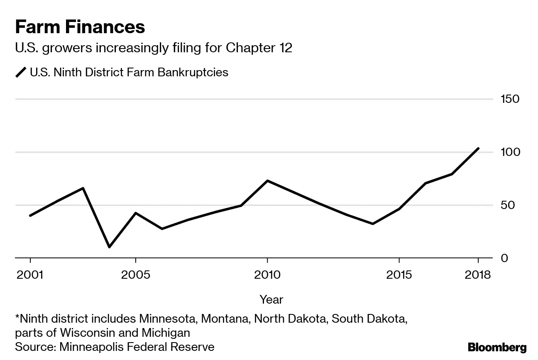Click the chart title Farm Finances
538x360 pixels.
(80, 27)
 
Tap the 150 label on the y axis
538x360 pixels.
(510, 99)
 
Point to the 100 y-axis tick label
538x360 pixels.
(510, 152)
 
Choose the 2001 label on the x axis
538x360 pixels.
(30, 275)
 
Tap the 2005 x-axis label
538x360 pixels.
(135, 275)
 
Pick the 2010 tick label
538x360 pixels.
(267, 275)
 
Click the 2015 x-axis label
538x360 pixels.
(399, 275)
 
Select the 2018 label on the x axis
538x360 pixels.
(477, 275)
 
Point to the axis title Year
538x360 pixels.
(271, 299)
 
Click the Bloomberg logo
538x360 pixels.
(497, 347)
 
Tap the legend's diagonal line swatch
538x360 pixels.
(21, 72)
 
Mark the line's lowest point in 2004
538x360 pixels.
(109, 247)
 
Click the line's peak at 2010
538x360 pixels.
(267, 181)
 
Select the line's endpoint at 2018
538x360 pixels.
(478, 148)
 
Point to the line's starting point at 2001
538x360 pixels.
(30, 216)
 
